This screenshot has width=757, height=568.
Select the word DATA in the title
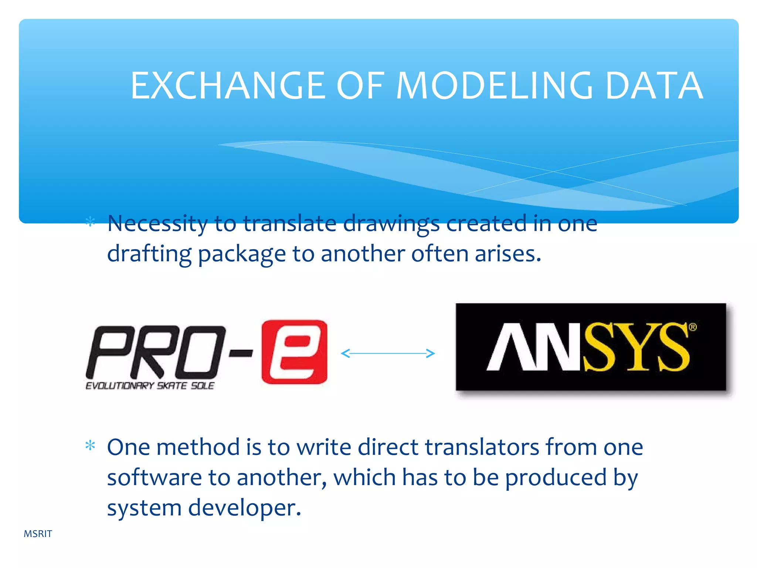654,86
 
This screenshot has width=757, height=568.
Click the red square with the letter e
294,352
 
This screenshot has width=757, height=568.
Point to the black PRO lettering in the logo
155,352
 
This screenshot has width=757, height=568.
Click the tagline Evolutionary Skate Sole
150,386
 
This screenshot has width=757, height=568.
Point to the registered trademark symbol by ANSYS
693,327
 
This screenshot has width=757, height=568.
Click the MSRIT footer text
38,534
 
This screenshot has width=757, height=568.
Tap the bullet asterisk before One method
90,446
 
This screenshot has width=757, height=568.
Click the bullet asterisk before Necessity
90,222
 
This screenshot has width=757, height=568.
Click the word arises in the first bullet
508,254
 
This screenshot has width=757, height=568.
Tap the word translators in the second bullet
482,447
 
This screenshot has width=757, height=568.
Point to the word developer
244,508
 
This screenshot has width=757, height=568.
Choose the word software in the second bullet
154,477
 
